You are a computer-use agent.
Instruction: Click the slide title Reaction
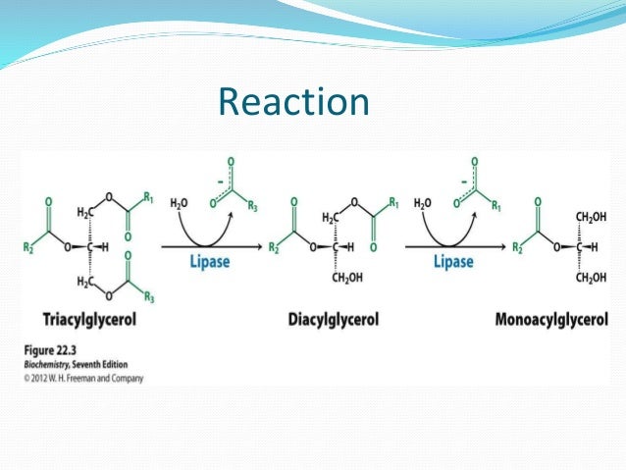coord(293,102)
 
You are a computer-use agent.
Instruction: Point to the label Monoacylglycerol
coord(551,321)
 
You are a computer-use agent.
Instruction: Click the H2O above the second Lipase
coord(422,203)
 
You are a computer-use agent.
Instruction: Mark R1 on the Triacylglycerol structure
coord(148,196)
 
